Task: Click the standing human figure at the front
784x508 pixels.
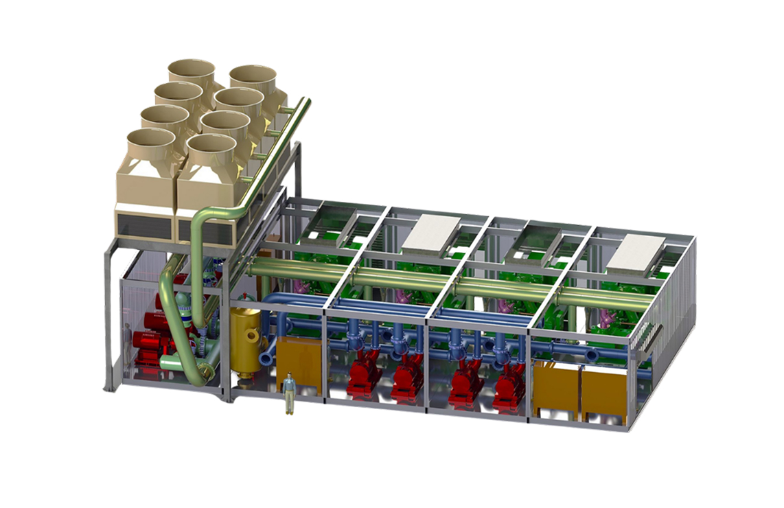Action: point(290,393)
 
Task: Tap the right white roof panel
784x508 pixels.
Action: point(637,251)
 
